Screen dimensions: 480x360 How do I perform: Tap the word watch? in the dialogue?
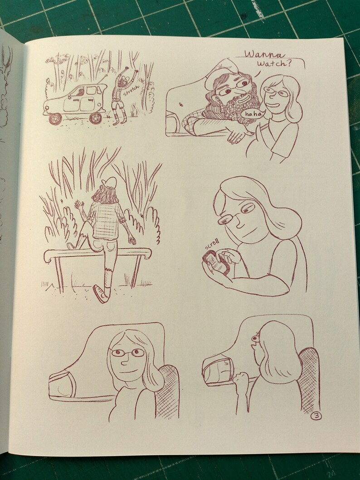pos(274,64)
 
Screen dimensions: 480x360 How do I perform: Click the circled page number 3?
pos(316,416)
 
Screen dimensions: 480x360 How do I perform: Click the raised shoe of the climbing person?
pos(101,293)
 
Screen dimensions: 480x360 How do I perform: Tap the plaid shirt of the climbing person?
pos(105,220)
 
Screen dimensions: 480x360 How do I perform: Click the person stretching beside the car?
pos(120,97)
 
